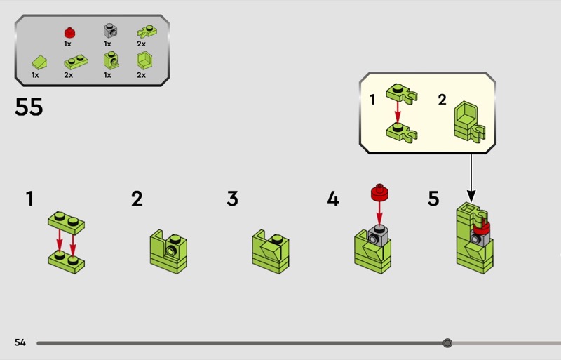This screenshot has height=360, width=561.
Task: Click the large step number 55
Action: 29,107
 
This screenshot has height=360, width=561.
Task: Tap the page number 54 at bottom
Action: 20,342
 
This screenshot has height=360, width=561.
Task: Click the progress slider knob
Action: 447,343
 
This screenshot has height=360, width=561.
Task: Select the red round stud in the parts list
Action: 69,32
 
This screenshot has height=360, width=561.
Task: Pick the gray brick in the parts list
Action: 109,31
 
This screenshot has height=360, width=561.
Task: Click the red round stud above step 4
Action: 380,192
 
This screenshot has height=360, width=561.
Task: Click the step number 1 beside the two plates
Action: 29,199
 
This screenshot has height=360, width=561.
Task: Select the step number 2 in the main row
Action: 137,199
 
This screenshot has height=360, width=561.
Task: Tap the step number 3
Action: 233,199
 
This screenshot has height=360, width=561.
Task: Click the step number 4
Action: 333,199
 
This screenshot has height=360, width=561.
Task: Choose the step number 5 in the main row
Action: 434,199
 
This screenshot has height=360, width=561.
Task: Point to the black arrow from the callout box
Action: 471,175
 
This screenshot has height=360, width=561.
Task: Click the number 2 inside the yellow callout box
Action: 442,100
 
